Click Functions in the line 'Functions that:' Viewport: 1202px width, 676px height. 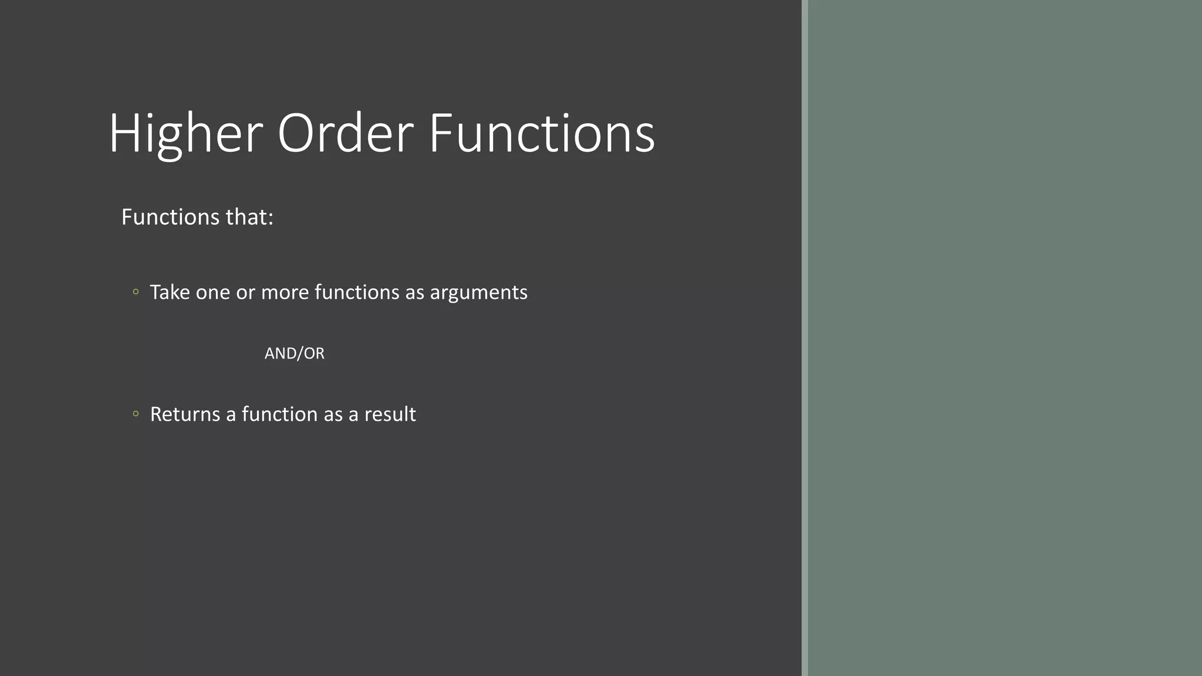click(162, 217)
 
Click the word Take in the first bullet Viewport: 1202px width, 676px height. click(170, 292)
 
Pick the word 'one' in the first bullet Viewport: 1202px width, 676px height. click(212, 292)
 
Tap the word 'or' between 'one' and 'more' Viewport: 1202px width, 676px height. click(245, 292)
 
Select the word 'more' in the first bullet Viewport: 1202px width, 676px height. click(285, 292)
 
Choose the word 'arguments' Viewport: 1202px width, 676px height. click(478, 292)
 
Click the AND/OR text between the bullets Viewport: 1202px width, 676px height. click(294, 353)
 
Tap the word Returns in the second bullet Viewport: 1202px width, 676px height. click(185, 414)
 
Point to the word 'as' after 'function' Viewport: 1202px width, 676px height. click(333, 414)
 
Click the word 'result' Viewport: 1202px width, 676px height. click(390, 414)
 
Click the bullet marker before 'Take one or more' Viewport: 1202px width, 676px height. click(136, 292)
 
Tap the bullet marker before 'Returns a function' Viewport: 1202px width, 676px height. click(136, 414)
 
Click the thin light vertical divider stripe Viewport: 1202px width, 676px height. click(805, 338)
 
